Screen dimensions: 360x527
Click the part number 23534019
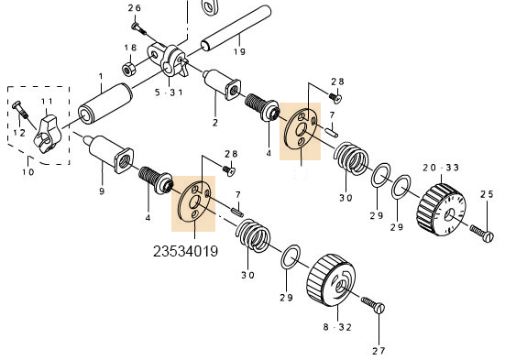(x=185, y=249)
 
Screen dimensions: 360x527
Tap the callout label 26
(x=135, y=8)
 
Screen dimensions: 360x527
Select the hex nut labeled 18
(x=130, y=68)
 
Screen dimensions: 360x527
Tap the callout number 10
(x=28, y=171)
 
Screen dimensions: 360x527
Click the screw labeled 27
(x=374, y=308)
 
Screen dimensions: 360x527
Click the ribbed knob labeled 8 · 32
(x=327, y=278)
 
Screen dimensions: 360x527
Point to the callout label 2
(x=214, y=122)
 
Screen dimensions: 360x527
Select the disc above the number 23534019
(x=193, y=200)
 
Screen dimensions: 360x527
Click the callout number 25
(x=487, y=194)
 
